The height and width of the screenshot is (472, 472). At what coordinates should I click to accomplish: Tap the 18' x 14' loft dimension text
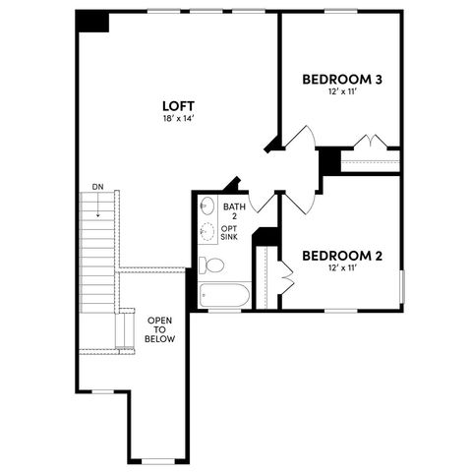(x=180, y=118)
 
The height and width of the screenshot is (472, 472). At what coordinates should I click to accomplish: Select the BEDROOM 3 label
(x=341, y=79)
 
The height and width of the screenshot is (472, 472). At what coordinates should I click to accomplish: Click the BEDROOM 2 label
(x=341, y=257)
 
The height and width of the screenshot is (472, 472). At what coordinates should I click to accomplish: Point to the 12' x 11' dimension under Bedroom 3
(x=341, y=91)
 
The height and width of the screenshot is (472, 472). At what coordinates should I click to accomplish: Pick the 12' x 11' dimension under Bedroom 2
(x=341, y=269)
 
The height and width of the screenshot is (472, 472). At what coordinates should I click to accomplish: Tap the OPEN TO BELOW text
(x=159, y=329)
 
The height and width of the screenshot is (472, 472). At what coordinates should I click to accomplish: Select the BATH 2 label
(x=234, y=211)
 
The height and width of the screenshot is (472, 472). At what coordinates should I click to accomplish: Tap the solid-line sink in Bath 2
(x=207, y=206)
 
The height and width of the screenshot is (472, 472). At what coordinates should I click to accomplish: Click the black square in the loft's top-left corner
(x=94, y=22)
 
